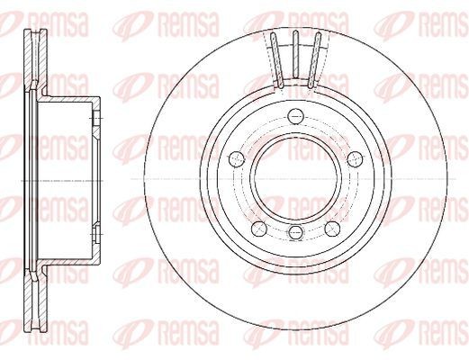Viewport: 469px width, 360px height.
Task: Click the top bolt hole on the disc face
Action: pyautogui.click(x=295, y=116)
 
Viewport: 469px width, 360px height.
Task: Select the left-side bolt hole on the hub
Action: pyautogui.click(x=237, y=158)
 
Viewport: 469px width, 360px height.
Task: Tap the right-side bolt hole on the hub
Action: pyautogui.click(x=355, y=158)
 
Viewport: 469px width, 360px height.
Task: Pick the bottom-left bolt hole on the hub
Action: pyautogui.click(x=259, y=229)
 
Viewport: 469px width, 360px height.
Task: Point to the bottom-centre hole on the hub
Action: pyautogui.click(x=295, y=231)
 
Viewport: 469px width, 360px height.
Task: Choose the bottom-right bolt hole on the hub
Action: pyautogui.click(x=332, y=229)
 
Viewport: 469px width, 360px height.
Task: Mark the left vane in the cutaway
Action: pyautogui.click(x=276, y=60)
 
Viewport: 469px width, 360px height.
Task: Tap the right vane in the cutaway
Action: pyautogui.click(x=314, y=60)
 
